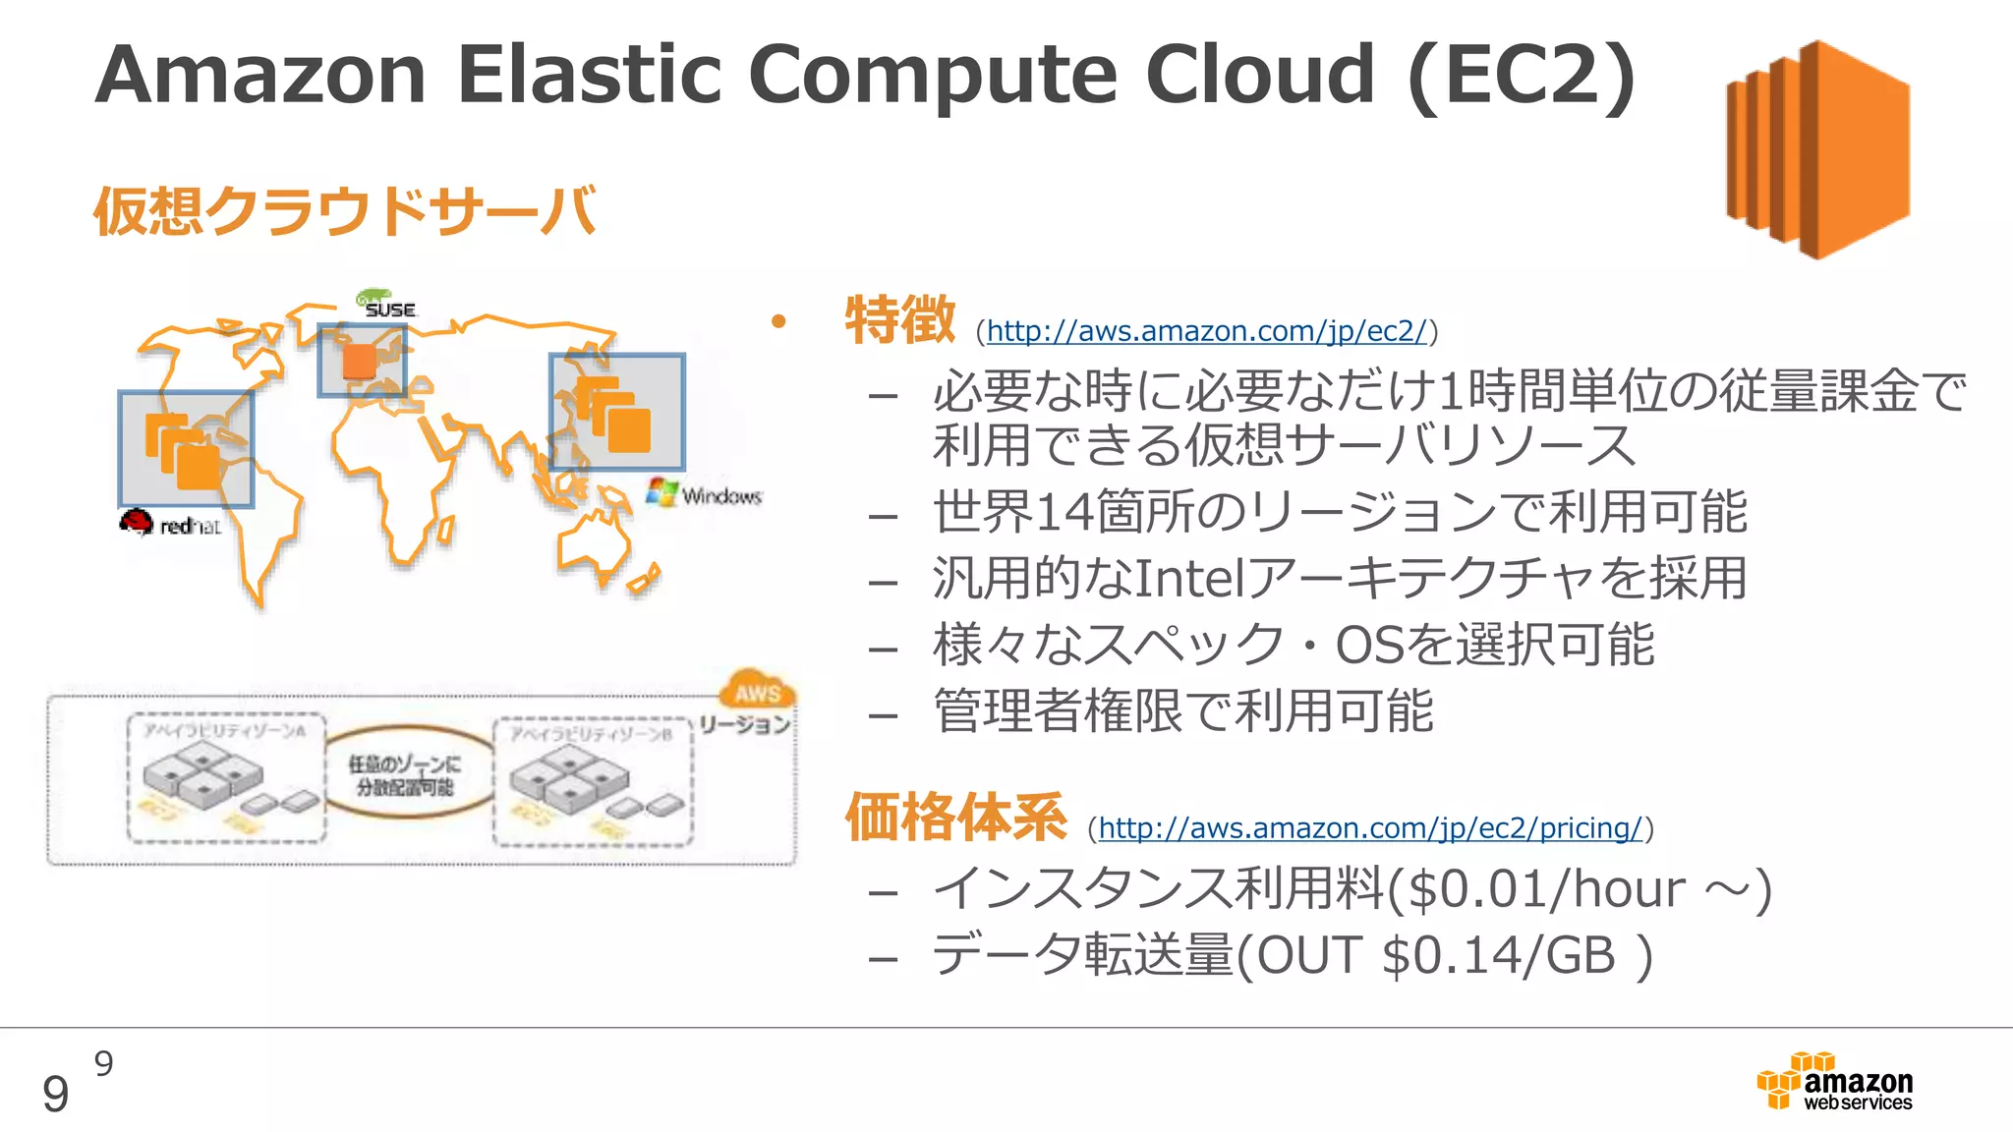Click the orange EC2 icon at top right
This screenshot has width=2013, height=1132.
[x=1818, y=149]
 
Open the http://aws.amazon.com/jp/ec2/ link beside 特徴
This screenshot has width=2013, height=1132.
[x=1206, y=331]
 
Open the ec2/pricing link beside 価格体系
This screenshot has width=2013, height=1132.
[x=1370, y=828]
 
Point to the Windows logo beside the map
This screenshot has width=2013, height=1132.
[x=704, y=494]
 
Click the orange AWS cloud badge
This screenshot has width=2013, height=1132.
[x=758, y=692]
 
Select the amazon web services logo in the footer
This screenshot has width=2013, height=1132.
[x=1835, y=1082]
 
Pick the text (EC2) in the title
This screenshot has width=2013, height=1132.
[x=1522, y=77]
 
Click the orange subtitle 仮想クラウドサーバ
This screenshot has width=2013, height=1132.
[x=345, y=210]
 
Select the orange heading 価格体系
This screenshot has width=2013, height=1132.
[x=955, y=817]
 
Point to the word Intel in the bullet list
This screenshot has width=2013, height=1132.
[x=1189, y=579]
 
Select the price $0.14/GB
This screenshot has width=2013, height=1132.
[x=1498, y=956]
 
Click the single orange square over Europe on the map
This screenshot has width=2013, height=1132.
[x=359, y=361]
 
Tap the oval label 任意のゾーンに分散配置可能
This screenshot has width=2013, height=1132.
[x=405, y=775]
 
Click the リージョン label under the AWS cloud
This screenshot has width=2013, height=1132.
[x=744, y=725]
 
